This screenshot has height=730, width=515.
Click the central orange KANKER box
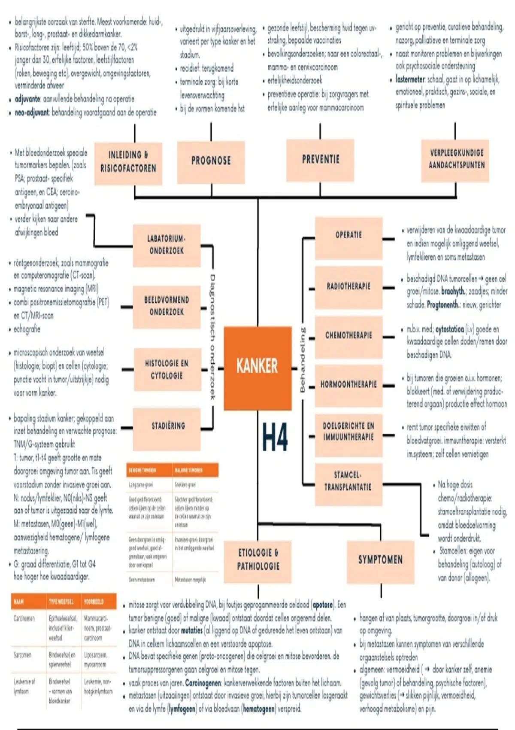click(x=257, y=368)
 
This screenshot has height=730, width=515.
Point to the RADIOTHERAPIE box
click(x=348, y=287)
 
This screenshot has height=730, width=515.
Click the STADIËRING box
click(x=168, y=427)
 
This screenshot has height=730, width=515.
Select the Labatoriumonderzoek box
click(x=167, y=245)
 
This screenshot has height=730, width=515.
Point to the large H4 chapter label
click(x=275, y=438)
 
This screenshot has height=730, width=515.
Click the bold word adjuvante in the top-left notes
click(x=27, y=99)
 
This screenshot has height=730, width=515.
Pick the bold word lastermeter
click(x=410, y=79)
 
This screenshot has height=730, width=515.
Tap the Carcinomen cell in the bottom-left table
click(x=24, y=619)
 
